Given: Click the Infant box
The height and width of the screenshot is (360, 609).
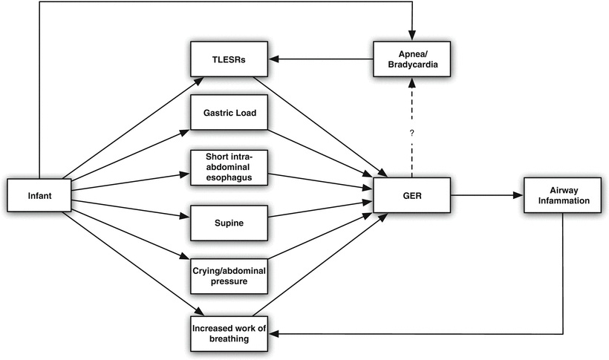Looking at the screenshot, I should [x=39, y=196].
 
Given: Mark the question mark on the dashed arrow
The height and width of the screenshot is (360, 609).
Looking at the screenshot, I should [x=410, y=134].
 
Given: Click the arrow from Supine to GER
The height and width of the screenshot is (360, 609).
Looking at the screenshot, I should [x=316, y=209].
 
